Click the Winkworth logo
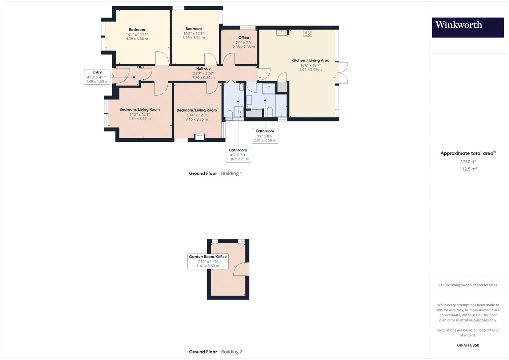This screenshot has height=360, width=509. point(468,28)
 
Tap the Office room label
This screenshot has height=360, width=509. point(244,38)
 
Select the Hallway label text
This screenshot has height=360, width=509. point(203,68)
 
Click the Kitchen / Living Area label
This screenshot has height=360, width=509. point(310,60)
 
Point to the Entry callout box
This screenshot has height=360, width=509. point(97,77)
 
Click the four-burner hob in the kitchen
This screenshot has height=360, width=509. point(308,33)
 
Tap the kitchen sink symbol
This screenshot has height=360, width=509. point(282,33)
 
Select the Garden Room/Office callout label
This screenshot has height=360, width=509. point(208,261)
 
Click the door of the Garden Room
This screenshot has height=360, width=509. point(241,269)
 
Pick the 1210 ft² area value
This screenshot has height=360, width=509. point(468,161)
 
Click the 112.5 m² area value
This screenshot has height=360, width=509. point(468,169)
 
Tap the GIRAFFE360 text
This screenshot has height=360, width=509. point(468,345)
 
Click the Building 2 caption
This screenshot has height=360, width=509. point(232,352)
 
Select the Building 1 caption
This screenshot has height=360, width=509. point(231,173)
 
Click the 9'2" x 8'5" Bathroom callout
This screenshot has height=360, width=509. point(265,136)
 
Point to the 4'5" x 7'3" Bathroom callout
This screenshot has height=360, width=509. point(238,155)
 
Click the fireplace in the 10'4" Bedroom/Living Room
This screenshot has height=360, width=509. point(200,137)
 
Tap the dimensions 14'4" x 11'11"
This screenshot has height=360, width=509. point(137,35)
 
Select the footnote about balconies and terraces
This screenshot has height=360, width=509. point(468,285)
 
